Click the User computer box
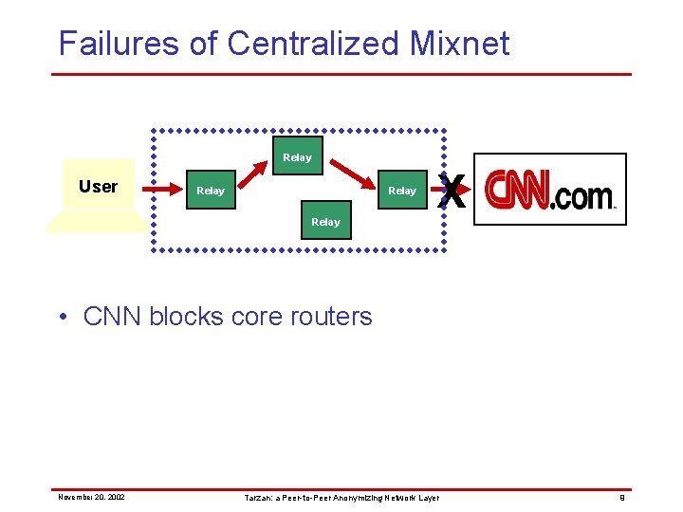tap(98, 187)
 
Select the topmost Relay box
tap(297, 156)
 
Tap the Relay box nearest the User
tap(210, 191)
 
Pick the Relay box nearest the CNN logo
tap(401, 191)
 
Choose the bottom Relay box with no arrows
tap(325, 221)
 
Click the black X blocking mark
tap(453, 193)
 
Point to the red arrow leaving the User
tap(163, 191)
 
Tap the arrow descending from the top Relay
tap(354, 174)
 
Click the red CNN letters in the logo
tap(517, 191)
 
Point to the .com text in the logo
tap(582, 196)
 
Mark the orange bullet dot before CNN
tap(63, 317)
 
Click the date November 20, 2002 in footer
tap(91, 497)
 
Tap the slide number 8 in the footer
tap(621, 497)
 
